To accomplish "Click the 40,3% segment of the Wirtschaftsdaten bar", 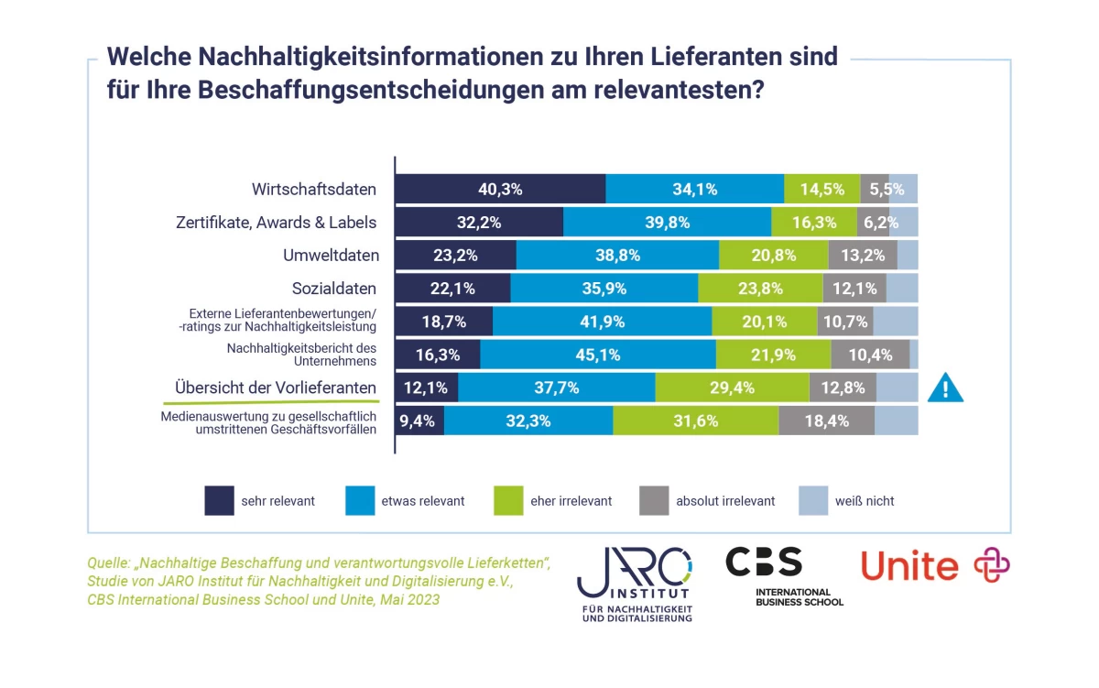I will (500, 190).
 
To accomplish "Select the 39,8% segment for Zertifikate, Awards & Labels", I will (667, 223).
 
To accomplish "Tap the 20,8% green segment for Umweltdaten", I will (773, 256).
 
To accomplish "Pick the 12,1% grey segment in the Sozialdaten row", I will (854, 289).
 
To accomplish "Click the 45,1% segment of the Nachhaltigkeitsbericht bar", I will (597, 355).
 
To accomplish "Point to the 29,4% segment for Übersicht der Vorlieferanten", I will (732, 388).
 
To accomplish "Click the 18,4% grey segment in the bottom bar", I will (826, 420).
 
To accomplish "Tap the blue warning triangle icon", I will (945, 388).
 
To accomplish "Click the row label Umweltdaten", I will (331, 256).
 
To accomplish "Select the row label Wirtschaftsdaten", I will (314, 190).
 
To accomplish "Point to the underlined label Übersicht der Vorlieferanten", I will (276, 388).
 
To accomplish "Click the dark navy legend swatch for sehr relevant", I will (218, 501).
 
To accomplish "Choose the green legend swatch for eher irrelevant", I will (507, 501).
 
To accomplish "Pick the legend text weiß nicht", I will (865, 501).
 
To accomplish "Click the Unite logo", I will (934, 566).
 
